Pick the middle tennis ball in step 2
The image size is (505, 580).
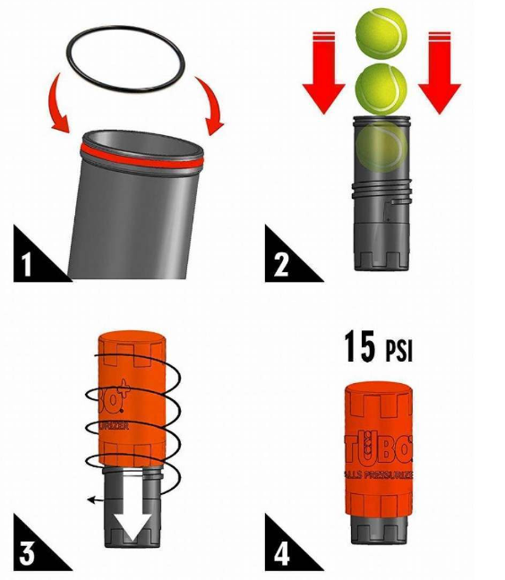point(381,87)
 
